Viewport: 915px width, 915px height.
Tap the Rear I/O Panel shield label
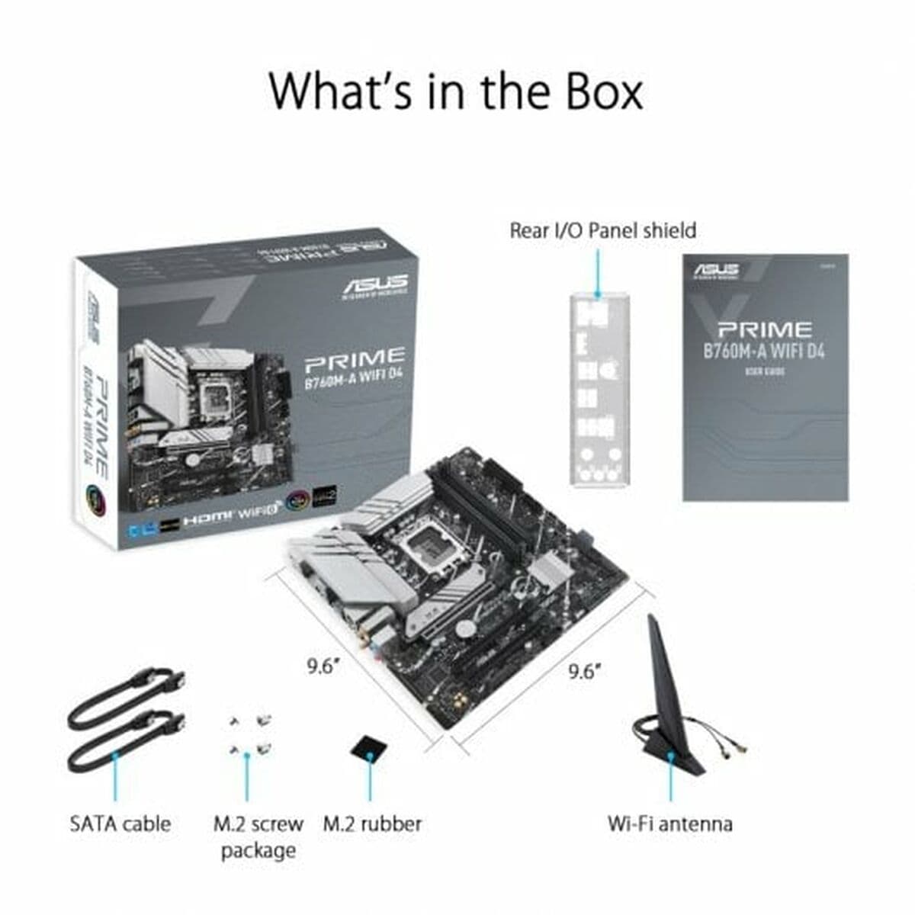(602, 230)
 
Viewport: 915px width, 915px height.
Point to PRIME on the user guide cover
(764, 330)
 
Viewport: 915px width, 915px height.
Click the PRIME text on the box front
(355, 357)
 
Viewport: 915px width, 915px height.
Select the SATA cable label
(120, 823)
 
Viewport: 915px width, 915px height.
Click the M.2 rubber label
(372, 823)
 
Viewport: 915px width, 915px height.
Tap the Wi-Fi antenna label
(669, 823)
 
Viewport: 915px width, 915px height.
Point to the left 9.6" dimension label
(323, 666)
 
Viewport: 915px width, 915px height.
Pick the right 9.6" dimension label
(585, 671)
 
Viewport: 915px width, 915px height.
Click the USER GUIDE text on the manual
(765, 372)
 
